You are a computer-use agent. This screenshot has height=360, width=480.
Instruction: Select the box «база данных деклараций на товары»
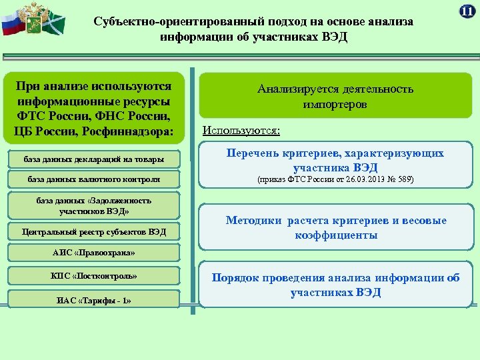(93, 160)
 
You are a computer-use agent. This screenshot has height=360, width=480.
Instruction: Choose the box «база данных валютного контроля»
(93, 179)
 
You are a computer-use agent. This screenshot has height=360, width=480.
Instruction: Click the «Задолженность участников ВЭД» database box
(93, 205)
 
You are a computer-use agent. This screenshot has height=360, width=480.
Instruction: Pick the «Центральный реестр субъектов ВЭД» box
(93, 232)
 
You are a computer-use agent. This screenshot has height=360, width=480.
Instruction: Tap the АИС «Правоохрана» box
(93, 253)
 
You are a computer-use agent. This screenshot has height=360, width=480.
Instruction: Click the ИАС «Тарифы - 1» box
(93, 300)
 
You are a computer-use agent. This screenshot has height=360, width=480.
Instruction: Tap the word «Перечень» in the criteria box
(254, 154)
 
